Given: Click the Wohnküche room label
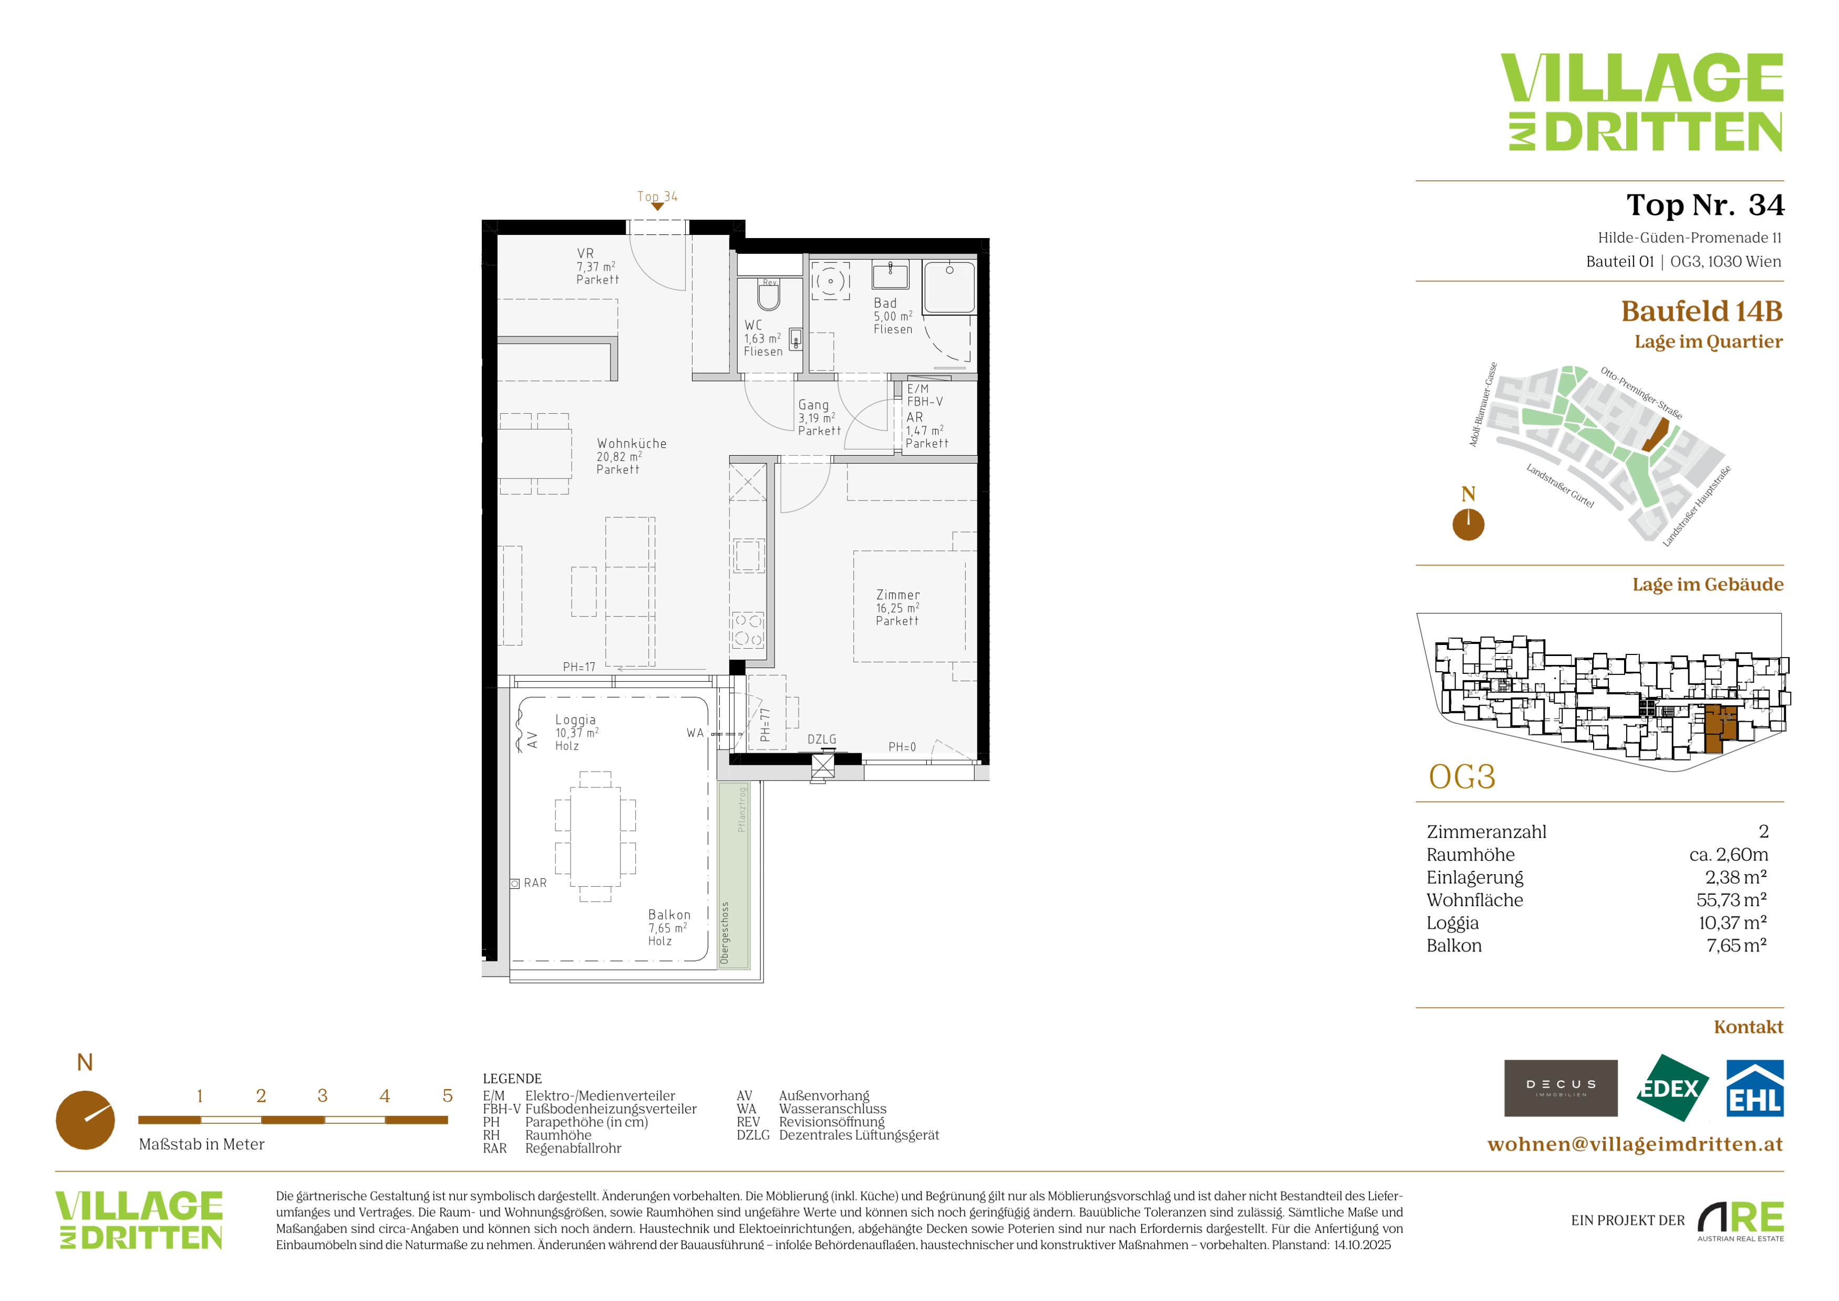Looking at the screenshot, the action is tap(631, 456).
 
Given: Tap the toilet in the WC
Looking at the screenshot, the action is tap(769, 294).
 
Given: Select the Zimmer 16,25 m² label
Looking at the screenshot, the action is tap(898, 607).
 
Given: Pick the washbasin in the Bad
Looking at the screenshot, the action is tap(890, 275).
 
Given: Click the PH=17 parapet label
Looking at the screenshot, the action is tap(579, 667).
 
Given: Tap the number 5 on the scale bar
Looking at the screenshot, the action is tap(447, 1095).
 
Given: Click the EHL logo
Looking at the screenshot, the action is tap(1754, 1088).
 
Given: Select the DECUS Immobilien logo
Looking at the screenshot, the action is tap(1561, 1088).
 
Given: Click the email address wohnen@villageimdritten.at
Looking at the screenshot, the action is tap(1635, 1144).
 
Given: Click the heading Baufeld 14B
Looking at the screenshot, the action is tap(1702, 311).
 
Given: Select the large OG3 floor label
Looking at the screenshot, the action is tap(1462, 777).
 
